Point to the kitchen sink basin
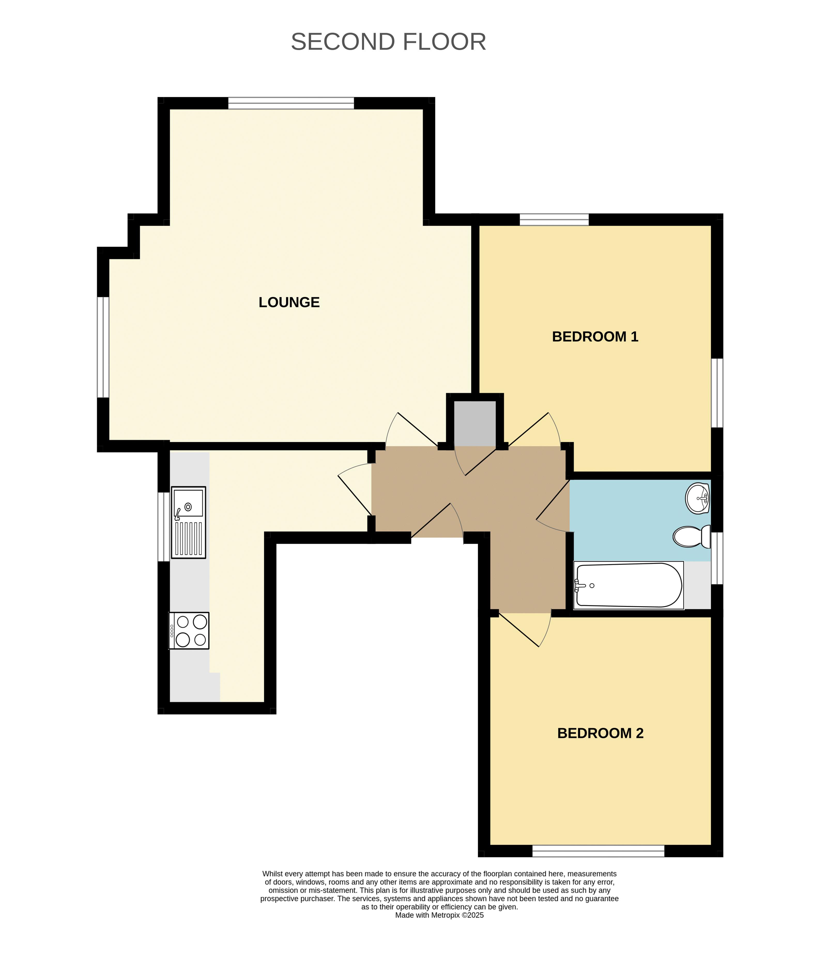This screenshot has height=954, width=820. [188, 503]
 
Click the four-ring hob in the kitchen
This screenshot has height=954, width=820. [189, 630]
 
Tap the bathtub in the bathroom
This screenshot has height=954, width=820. [629, 585]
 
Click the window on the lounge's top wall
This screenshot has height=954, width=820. [291, 103]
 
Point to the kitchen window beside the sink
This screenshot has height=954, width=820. [164, 527]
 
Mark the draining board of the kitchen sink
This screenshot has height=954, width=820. [188, 538]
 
